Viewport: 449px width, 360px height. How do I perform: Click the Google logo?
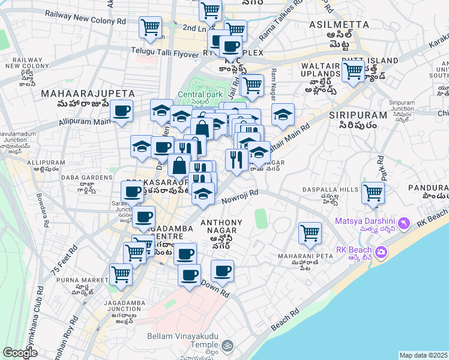[x=20, y=353]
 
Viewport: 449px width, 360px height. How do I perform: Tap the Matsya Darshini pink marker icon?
[x=405, y=223]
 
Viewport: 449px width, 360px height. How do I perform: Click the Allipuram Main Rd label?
[x=87, y=121]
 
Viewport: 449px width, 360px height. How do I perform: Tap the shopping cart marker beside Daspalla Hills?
[x=373, y=193]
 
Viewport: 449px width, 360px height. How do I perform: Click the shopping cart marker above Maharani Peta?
[x=310, y=232]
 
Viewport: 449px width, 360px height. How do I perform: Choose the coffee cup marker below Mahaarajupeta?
[x=122, y=111]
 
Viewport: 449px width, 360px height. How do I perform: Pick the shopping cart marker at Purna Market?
[x=121, y=274]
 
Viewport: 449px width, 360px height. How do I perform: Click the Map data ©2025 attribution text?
[x=424, y=355]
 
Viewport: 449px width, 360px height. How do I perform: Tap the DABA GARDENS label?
[x=88, y=178]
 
